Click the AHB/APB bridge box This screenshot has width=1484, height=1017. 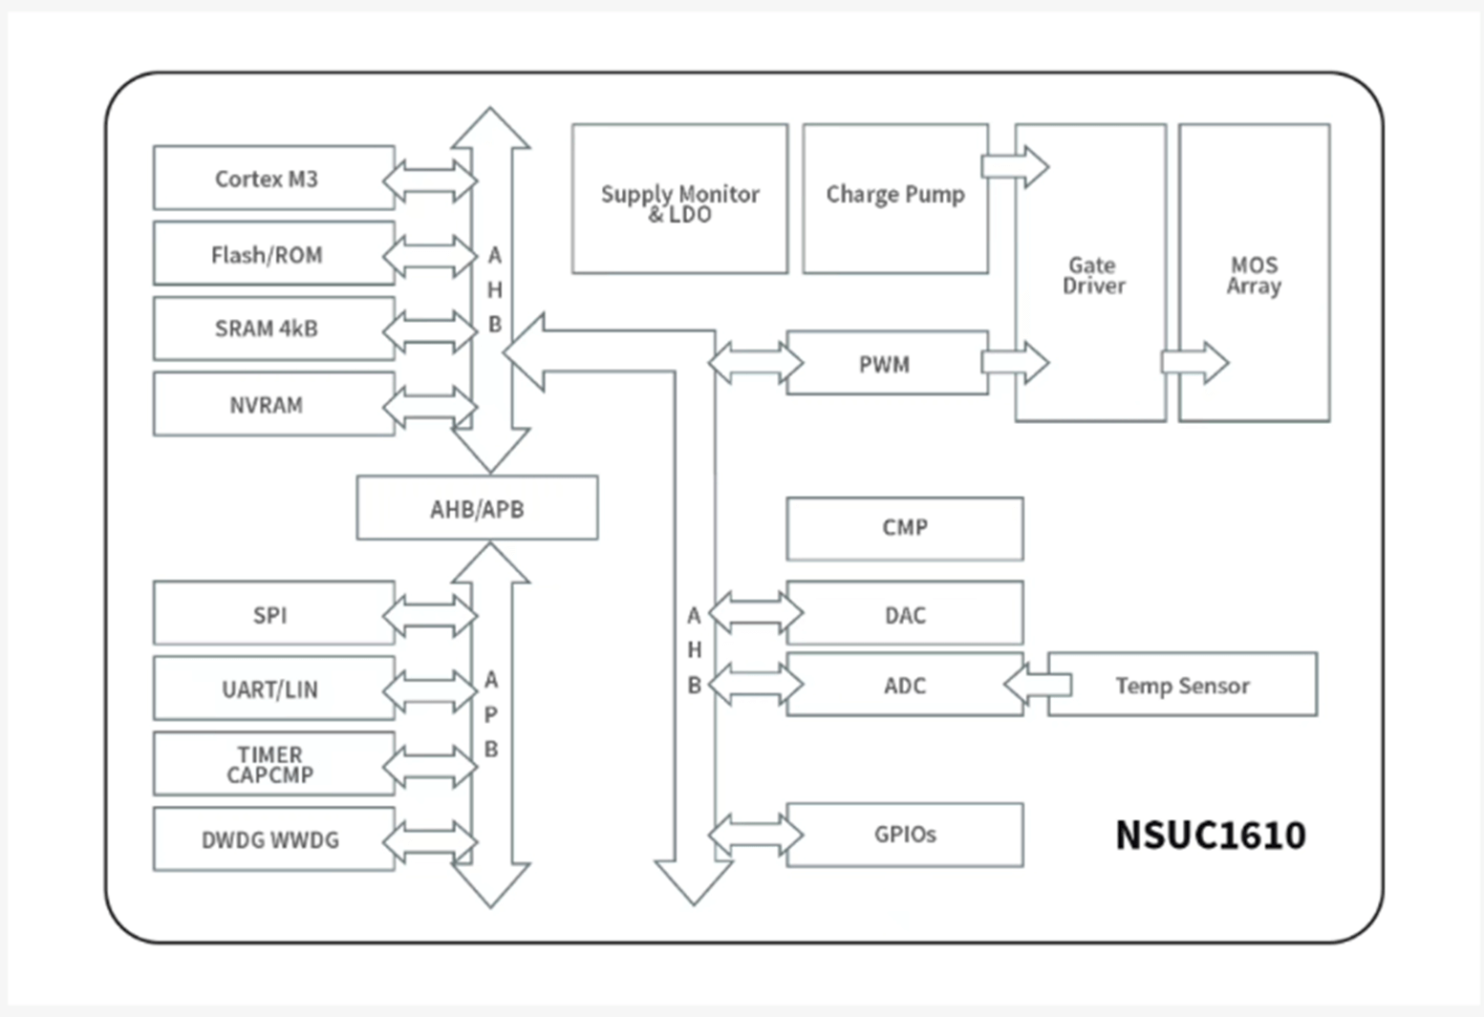(x=477, y=508)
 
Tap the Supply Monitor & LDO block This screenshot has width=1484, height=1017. (x=679, y=199)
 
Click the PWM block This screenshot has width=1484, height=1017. (x=887, y=364)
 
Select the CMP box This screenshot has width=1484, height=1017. (x=904, y=528)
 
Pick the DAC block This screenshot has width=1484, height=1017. (x=904, y=614)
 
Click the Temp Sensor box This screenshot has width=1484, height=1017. (x=1182, y=685)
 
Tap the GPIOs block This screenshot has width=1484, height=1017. (x=904, y=835)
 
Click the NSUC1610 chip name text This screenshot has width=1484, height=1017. (x=1210, y=836)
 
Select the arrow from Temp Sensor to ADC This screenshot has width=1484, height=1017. (x=1037, y=685)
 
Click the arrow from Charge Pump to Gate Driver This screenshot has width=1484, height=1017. (x=1015, y=167)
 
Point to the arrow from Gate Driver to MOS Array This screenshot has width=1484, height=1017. (x=1194, y=363)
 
